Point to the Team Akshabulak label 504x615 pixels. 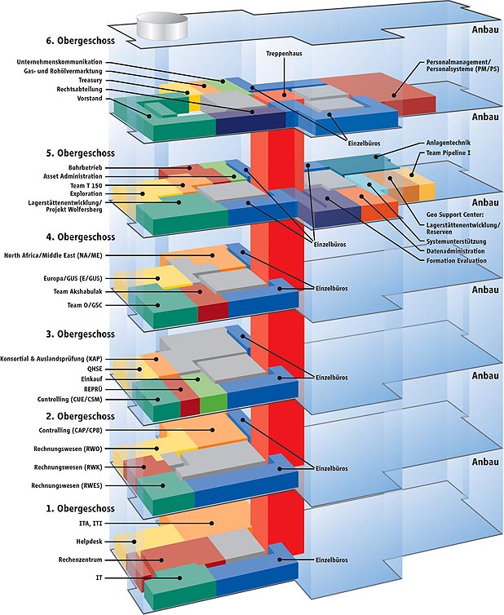click(79, 291)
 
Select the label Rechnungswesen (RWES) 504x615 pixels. click(64, 485)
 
